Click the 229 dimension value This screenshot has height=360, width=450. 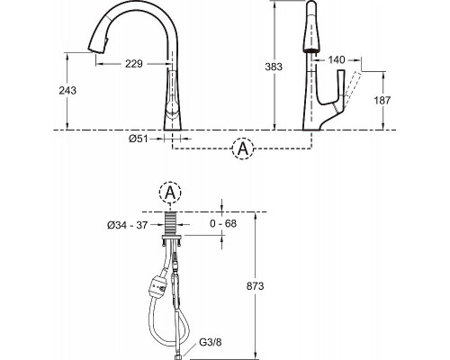pos(134,64)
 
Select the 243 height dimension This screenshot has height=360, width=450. pos(67,90)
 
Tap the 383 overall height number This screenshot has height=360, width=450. pos(274,67)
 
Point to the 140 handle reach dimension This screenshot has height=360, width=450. pos(337,60)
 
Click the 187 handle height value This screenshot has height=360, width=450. pos(382,100)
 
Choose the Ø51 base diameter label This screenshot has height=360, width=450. pos(139,139)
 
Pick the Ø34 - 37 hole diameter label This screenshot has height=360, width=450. pos(128,225)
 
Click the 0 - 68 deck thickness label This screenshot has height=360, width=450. pos(223,223)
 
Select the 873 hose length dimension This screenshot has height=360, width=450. pos(256,286)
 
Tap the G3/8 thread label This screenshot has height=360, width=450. pos(211,342)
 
